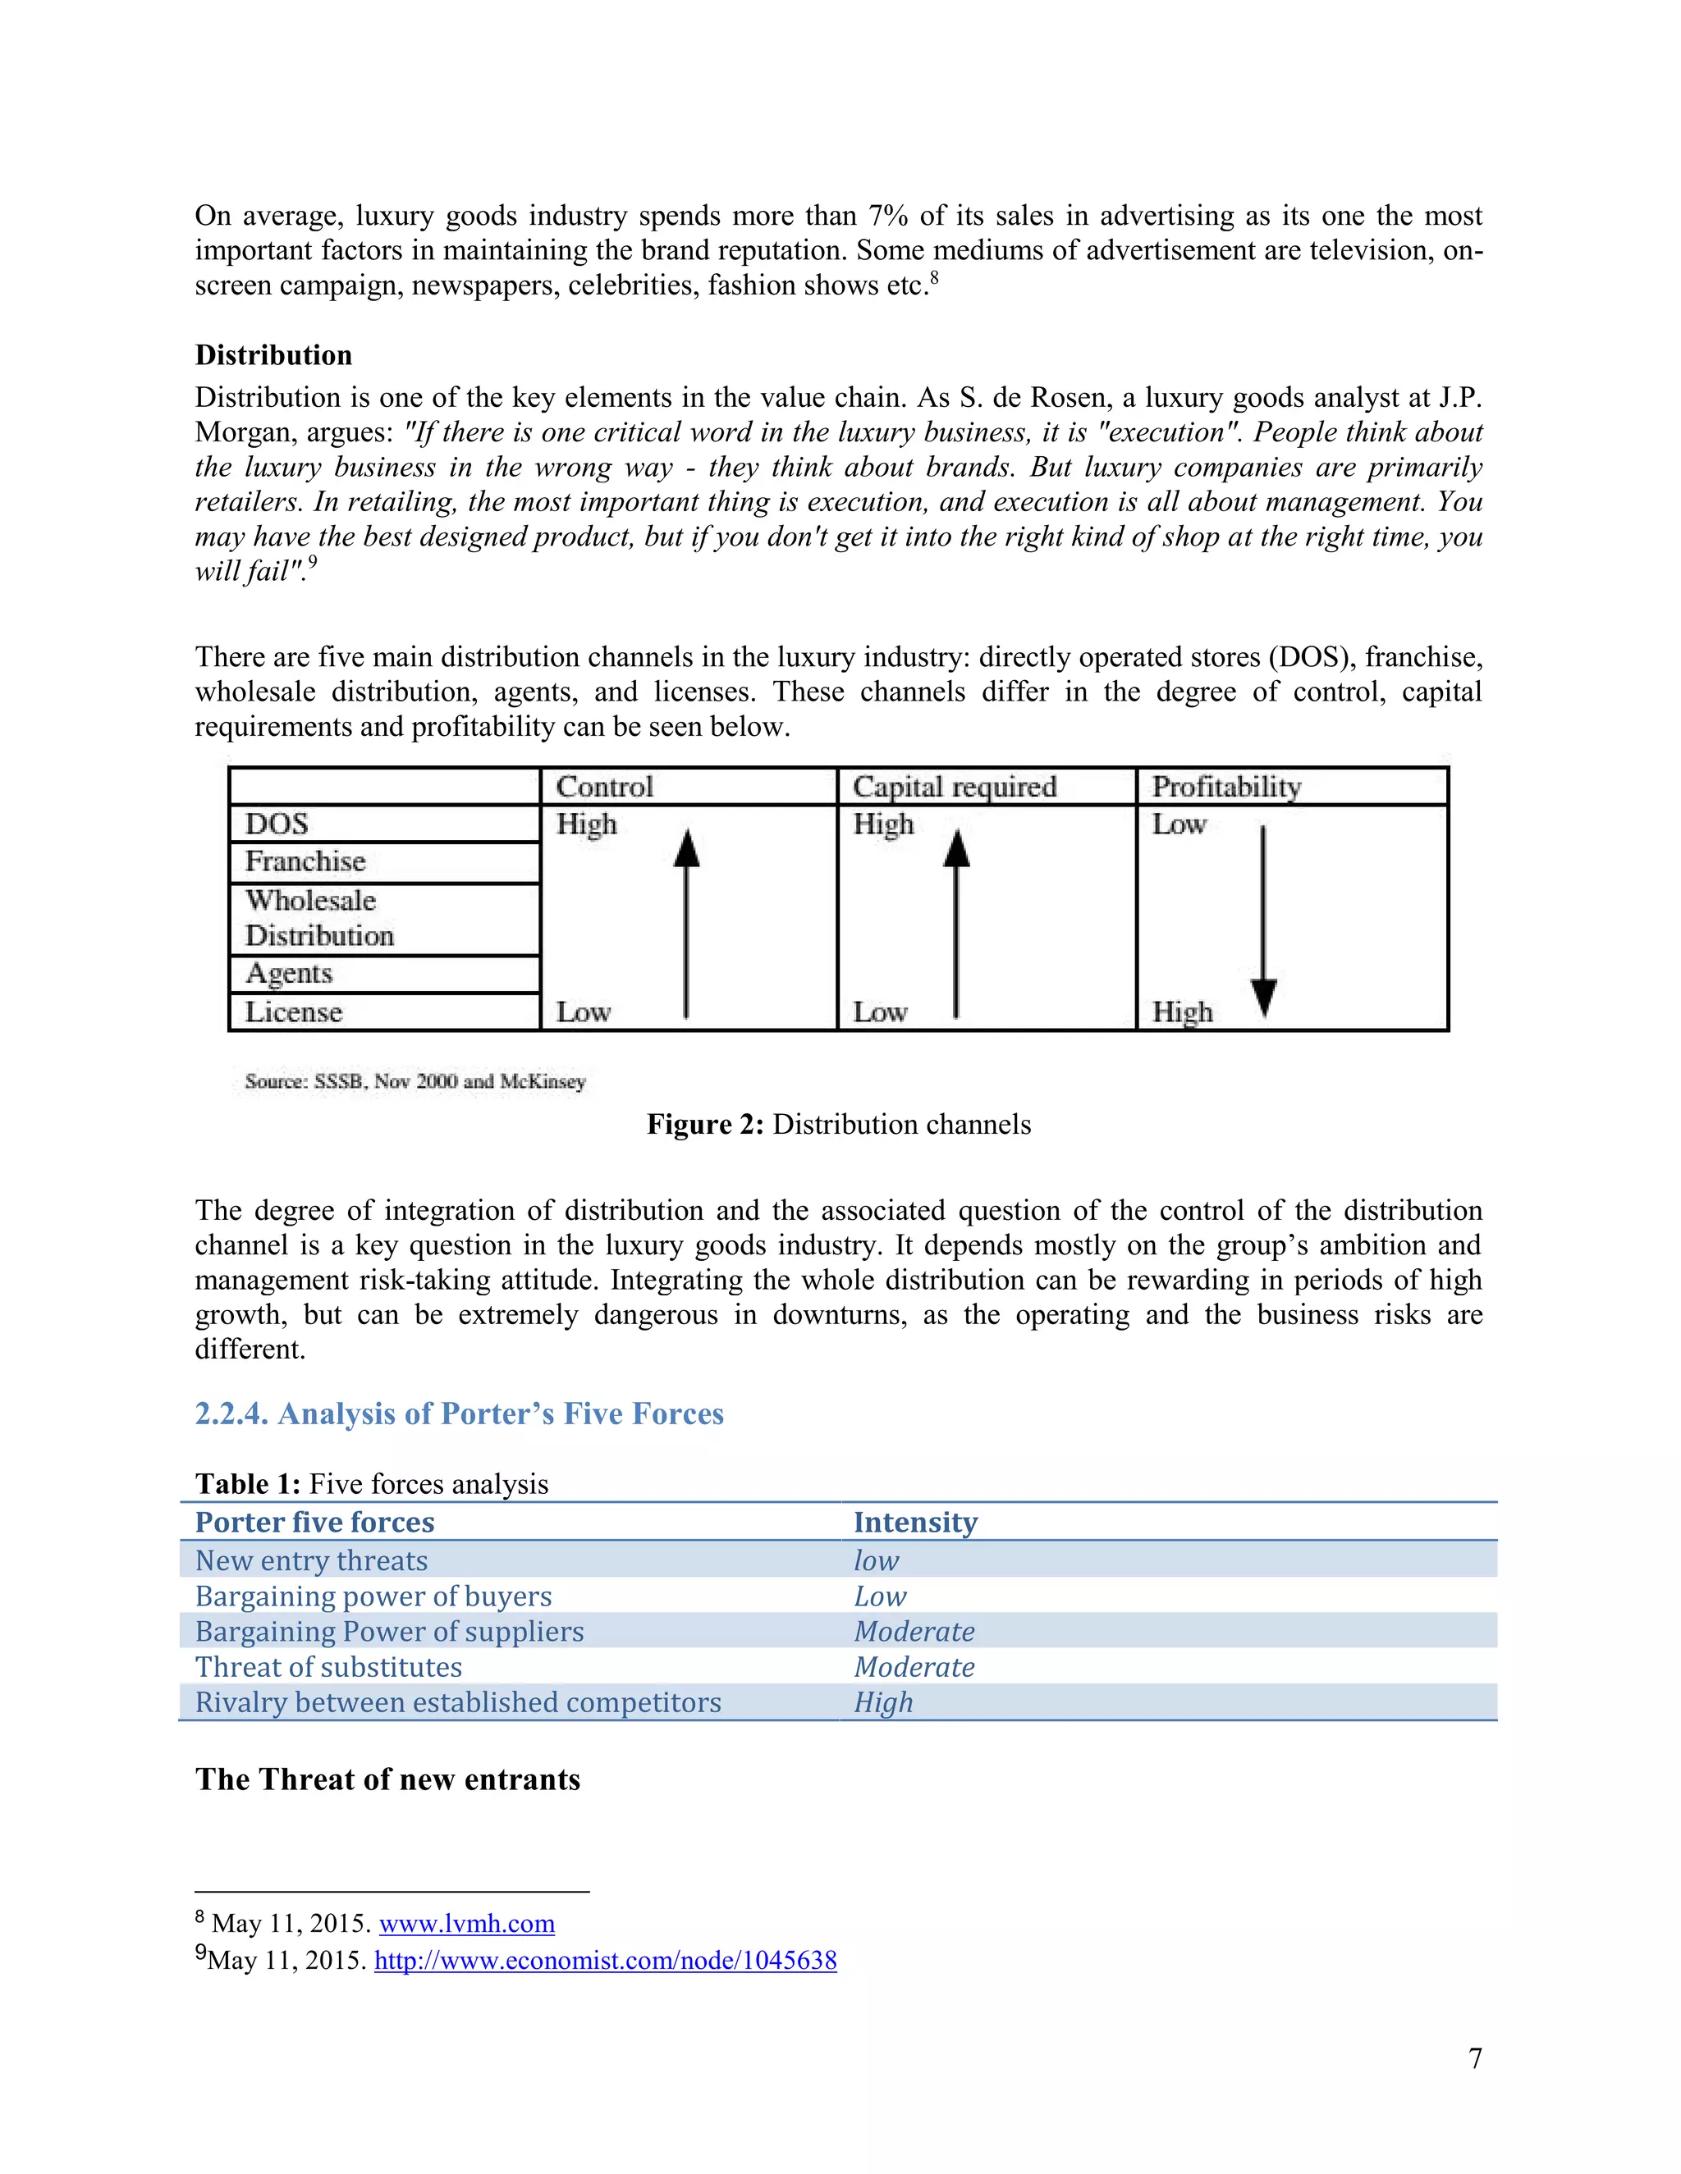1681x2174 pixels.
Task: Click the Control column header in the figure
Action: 604,787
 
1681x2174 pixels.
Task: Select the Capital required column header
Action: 954,787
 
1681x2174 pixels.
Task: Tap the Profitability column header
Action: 1226,787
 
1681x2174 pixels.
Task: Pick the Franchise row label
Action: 305,861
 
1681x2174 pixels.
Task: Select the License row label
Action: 294,1012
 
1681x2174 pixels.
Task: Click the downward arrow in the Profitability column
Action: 1262,920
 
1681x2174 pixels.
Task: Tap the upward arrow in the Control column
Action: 686,920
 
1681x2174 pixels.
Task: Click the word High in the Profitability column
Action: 1182,1012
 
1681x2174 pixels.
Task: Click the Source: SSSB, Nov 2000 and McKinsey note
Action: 415,1081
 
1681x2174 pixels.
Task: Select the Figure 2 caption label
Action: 705,1125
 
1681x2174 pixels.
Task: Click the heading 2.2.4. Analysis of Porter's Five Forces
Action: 459,1414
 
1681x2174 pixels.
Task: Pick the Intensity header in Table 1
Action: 915,1522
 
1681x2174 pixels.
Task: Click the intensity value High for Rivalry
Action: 883,1702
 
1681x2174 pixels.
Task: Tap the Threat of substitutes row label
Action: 328,1666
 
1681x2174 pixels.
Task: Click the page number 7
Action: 1475,2058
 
